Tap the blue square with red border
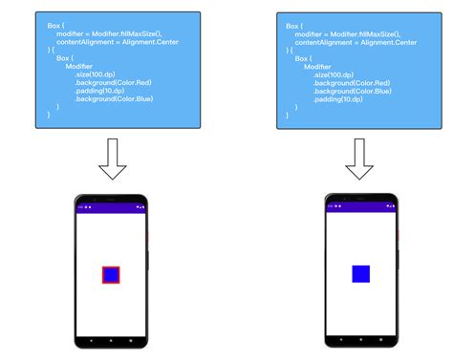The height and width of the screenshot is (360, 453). (x=112, y=275)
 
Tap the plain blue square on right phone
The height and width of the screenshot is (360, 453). (x=360, y=274)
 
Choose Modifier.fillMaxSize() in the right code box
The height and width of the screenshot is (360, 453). (x=371, y=34)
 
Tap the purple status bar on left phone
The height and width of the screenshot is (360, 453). (x=112, y=206)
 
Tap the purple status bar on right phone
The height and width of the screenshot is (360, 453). (x=360, y=206)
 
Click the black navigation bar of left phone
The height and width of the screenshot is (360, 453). (x=112, y=338)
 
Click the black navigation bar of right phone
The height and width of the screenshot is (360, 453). (x=360, y=338)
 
